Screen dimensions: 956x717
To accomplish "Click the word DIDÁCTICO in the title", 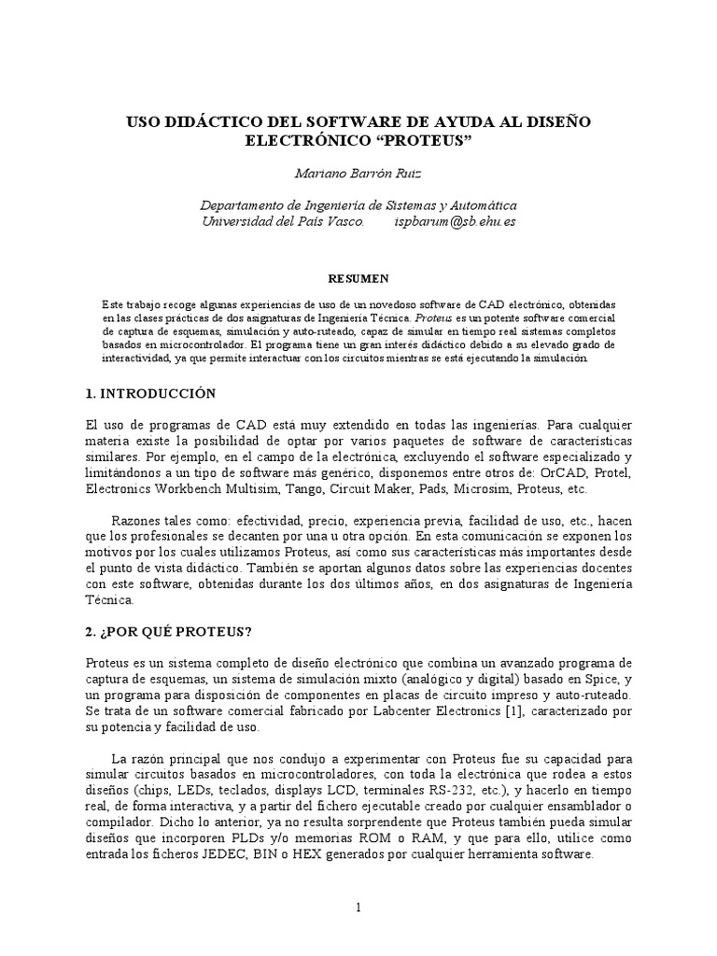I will click(x=206, y=122).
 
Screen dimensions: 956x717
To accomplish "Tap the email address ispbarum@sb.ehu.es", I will click(x=456, y=222).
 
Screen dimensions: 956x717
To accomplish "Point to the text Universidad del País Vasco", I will click(x=277, y=222).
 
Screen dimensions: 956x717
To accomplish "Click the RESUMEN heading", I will click(x=358, y=278).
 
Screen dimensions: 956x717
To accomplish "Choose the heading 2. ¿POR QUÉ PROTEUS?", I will click(x=168, y=631).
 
